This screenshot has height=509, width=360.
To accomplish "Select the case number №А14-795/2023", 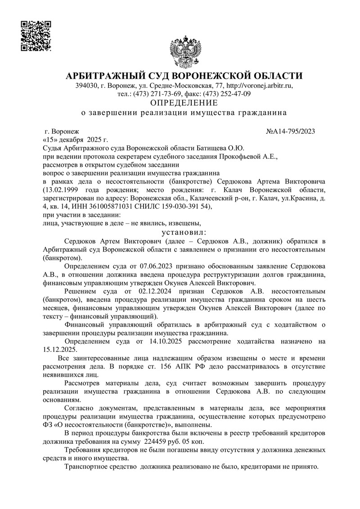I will pos(290,131).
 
